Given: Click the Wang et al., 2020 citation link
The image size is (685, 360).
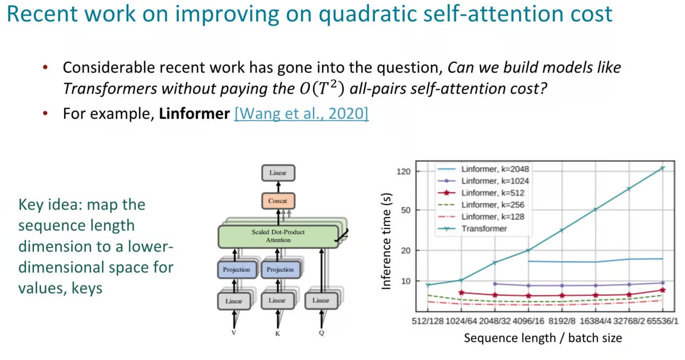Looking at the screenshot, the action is [301, 114].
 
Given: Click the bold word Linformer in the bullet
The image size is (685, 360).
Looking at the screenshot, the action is [194, 114].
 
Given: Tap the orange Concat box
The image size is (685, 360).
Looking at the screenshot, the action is [278, 201].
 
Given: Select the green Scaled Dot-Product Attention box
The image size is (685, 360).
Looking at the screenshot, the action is [278, 236].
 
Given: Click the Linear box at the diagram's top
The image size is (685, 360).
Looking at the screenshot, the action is [278, 173].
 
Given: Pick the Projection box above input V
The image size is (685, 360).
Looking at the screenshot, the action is [236, 269].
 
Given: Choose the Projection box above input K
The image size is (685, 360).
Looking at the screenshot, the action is [280, 269].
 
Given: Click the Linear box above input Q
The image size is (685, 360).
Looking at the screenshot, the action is [321, 301].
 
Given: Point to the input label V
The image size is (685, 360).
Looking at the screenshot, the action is [234, 333].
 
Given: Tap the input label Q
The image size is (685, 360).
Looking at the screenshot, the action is [321, 333].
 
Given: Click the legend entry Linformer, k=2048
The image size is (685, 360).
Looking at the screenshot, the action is [483, 169].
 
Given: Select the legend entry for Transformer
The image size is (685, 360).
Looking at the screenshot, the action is [472, 229].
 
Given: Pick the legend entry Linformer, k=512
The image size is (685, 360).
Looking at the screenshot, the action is [481, 192].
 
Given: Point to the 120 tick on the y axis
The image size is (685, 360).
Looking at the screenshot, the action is [403, 172].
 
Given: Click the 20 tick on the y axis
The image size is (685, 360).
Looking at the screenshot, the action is [406, 250].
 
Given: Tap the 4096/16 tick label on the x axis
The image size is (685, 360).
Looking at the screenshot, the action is [529, 321].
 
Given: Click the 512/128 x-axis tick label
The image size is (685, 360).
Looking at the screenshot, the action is [427, 321].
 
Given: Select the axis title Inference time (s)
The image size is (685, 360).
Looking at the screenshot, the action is [387, 241].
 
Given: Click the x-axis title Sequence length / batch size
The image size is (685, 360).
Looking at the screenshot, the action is [543, 338].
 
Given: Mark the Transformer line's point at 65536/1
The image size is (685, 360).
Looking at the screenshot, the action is [663, 168].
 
